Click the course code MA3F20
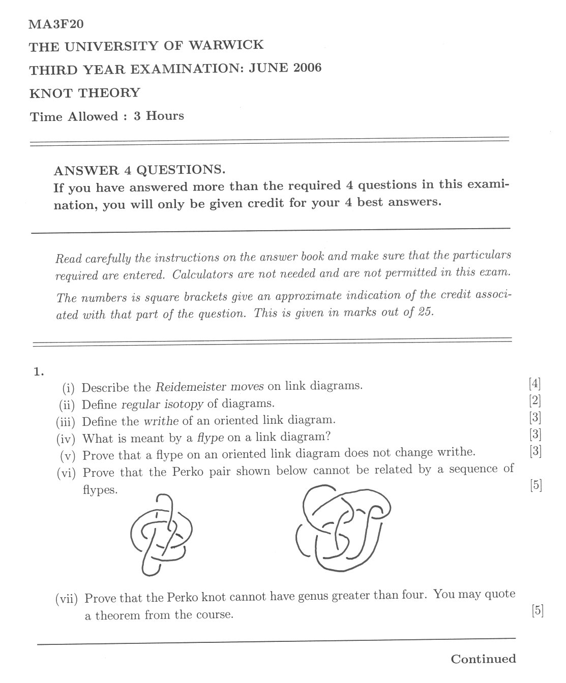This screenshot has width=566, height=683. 56,23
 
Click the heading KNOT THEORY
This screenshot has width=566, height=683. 84,93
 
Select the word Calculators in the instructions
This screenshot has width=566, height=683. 202,275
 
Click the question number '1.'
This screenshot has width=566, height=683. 40,372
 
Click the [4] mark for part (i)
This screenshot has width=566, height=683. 534,384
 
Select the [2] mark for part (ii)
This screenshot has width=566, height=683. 534,400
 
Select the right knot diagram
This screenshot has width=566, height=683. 343,529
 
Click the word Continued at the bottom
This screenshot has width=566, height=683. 483,659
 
